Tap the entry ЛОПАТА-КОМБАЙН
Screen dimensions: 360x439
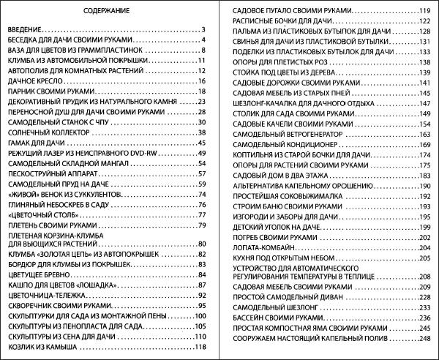point(263,248)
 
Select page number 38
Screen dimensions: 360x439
point(200,132)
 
